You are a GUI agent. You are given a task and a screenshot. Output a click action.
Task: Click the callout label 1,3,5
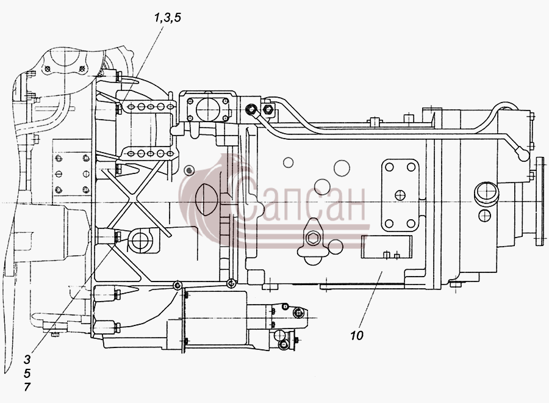(168, 18)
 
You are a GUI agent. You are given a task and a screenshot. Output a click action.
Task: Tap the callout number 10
(357, 335)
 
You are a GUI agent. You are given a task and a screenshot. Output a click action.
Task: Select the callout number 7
(27, 387)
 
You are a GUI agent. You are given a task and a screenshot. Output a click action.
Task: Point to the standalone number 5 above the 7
(27, 373)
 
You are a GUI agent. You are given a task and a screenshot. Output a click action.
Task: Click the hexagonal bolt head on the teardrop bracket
(311, 239)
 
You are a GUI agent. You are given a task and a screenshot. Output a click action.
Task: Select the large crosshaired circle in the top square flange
(207, 109)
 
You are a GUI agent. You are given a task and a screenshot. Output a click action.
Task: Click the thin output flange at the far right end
(540, 201)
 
